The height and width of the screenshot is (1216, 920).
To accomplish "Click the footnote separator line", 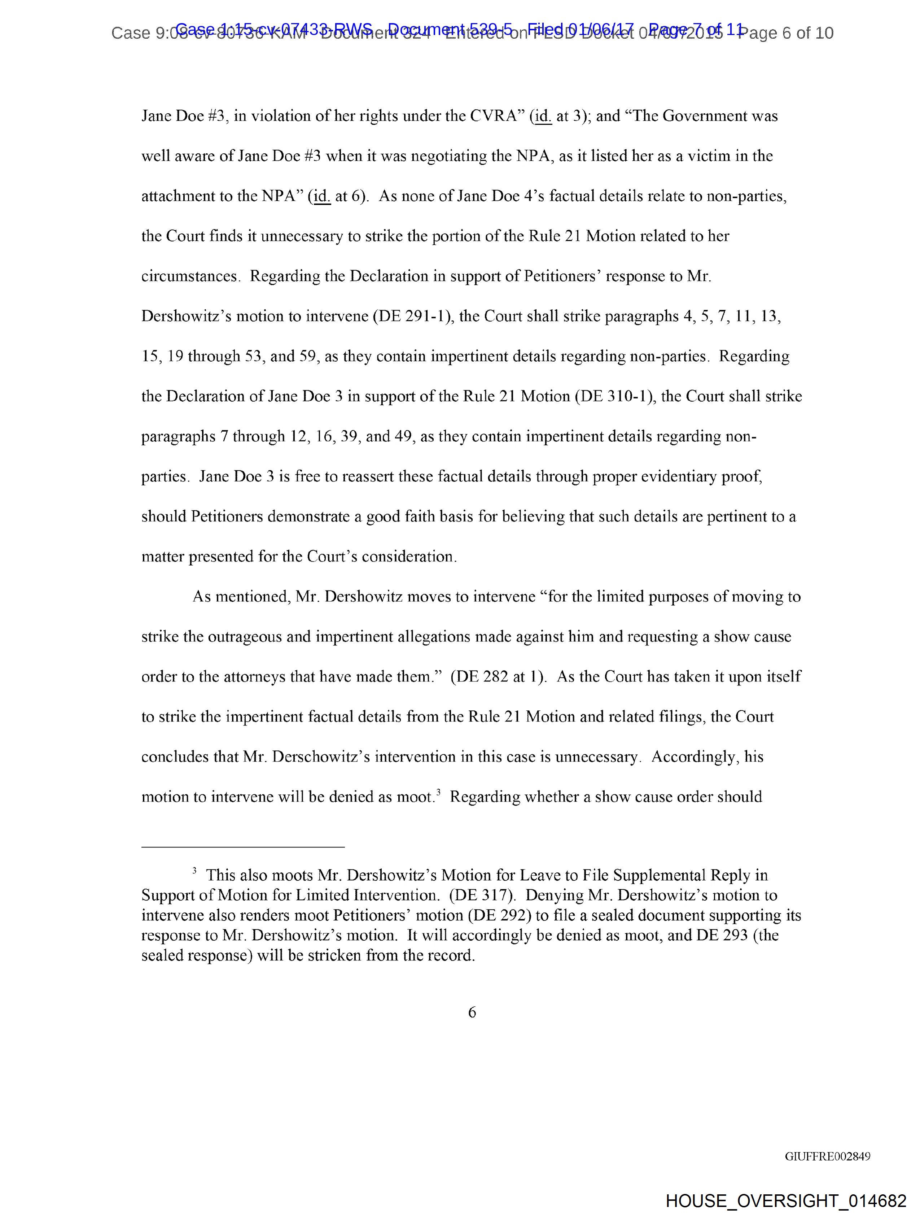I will point(243,847).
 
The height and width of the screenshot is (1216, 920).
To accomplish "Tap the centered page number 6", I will point(472,1012).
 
